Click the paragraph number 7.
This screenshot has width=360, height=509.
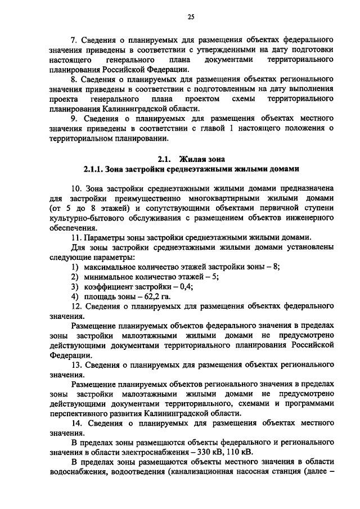74,40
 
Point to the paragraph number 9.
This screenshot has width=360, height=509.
74,119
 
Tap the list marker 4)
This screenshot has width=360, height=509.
74,296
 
